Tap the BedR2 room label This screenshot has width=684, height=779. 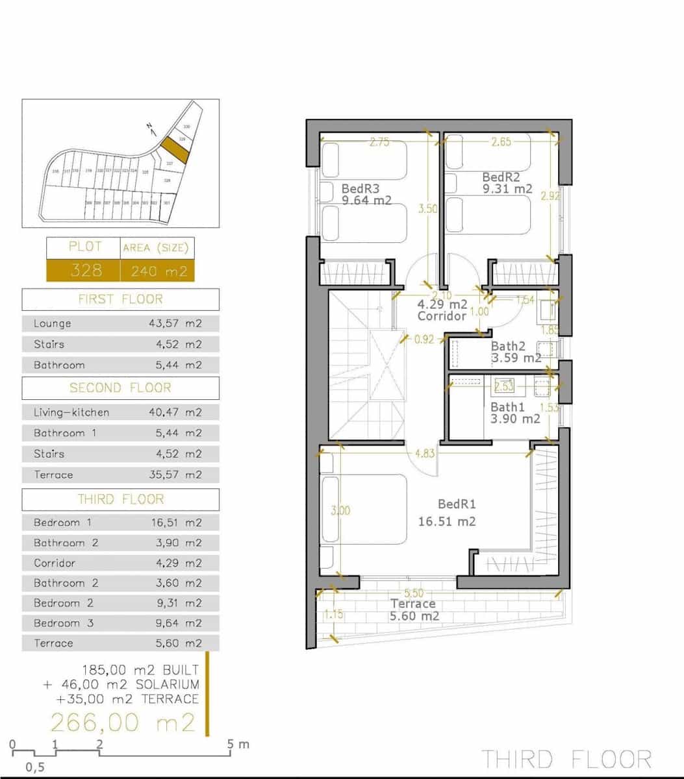click(501, 177)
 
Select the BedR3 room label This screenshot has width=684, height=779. click(360, 188)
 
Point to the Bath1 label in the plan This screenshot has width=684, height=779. click(507, 407)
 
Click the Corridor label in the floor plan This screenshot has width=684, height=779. click(442, 316)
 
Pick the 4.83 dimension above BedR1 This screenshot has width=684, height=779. click(424, 453)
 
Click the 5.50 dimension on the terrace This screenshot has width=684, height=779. click(414, 593)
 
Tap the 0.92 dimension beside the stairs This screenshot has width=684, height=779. click(424, 339)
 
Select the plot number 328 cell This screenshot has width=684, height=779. click(84, 270)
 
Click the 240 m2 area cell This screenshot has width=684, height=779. click(158, 271)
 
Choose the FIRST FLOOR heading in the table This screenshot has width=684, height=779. click(120, 299)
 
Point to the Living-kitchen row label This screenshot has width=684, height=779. click(71, 412)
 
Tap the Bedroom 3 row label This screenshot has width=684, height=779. click(64, 623)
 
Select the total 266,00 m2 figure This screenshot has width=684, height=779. click(123, 722)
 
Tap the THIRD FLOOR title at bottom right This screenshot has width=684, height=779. click(566, 759)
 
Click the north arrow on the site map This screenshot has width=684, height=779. click(152, 129)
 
